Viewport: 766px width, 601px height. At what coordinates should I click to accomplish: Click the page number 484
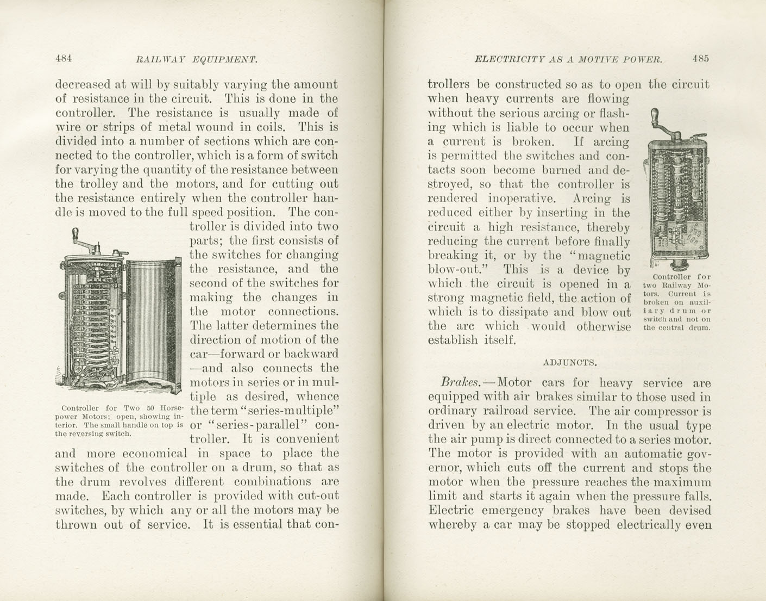pyautogui.click(x=64, y=59)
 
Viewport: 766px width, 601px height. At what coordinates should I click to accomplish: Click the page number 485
pyautogui.click(x=700, y=59)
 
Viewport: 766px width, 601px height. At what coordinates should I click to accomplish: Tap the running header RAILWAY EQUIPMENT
pyautogui.click(x=196, y=59)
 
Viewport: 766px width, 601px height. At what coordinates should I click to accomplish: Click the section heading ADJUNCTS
pyautogui.click(x=570, y=361)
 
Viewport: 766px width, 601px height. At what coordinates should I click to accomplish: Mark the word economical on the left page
pyautogui.click(x=152, y=453)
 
